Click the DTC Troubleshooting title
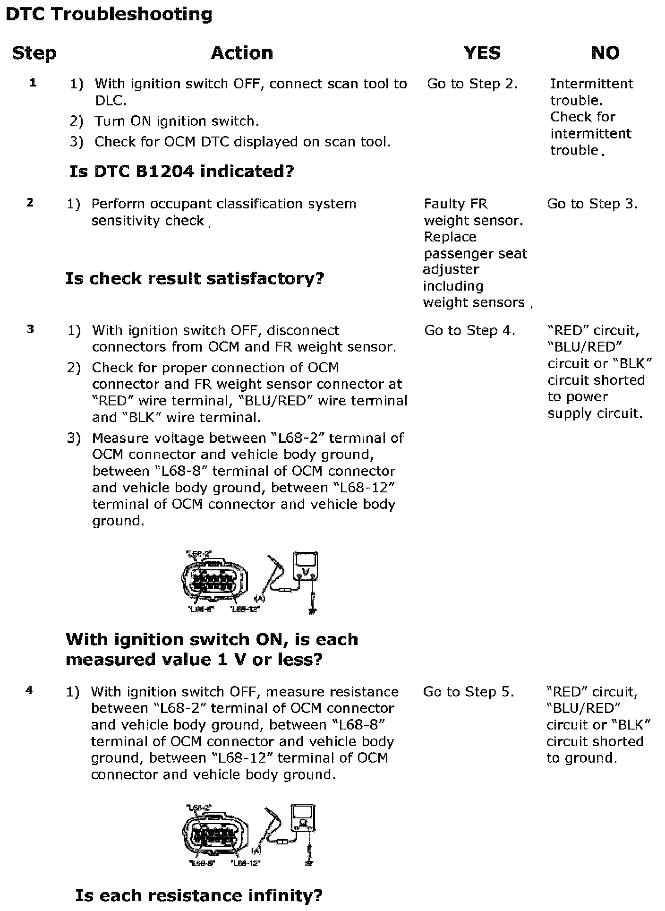click(109, 15)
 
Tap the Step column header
click(34, 53)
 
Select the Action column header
click(242, 53)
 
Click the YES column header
click(482, 53)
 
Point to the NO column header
click(605, 53)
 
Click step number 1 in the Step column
click(33, 83)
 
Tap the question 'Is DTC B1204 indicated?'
click(182, 171)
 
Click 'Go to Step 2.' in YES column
click(472, 84)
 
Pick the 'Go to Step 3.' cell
click(592, 204)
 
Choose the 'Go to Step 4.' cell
click(469, 331)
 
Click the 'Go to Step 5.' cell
click(468, 692)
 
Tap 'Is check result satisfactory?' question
click(195, 278)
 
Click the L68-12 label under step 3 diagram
click(245, 609)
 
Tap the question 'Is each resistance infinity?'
click(199, 895)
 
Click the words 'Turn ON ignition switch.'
click(177, 121)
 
